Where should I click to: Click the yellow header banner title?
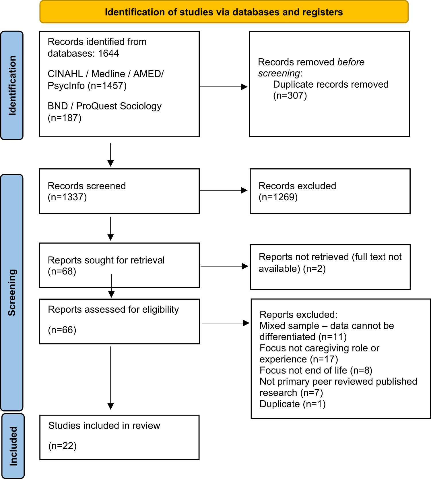coord(224,12)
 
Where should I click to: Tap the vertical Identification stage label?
coord(12,86)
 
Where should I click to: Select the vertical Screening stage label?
coord(12,293)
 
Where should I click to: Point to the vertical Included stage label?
coord(13,446)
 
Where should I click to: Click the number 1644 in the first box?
coord(108,53)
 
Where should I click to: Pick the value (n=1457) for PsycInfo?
coord(107,86)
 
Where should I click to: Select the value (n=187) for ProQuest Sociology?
coord(65,118)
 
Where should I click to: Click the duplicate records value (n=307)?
coord(290,95)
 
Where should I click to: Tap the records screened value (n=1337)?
coord(67,197)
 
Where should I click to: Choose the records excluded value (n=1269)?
coord(278,197)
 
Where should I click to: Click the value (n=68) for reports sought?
coord(62,271)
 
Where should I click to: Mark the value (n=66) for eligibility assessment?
coord(62,330)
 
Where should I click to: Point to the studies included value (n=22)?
coord(63,446)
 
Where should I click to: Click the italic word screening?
coord(279,73)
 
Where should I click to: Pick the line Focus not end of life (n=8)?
coord(316,370)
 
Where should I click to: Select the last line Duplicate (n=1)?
coord(292,404)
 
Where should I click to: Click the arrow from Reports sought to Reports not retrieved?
coord(224,266)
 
